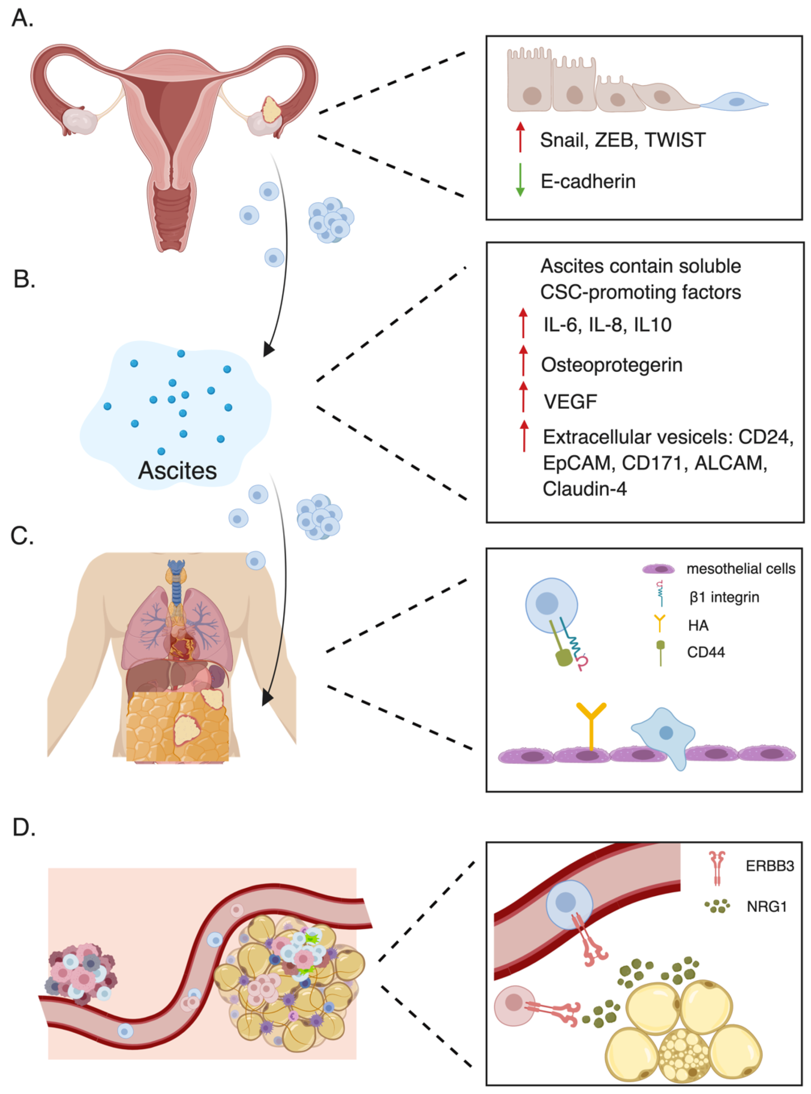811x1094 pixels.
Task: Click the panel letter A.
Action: (x=22, y=18)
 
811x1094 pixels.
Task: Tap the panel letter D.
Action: (x=24, y=827)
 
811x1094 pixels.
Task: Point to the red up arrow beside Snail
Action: (x=520, y=137)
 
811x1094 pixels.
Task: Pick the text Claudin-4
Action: (x=585, y=489)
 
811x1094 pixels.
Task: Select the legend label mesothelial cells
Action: (x=741, y=569)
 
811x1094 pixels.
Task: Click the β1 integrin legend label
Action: (x=724, y=597)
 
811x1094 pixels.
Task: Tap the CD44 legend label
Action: (x=706, y=652)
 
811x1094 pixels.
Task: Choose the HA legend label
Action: (x=698, y=625)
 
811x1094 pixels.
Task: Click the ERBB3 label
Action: (x=770, y=865)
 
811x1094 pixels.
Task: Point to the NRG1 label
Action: (x=767, y=907)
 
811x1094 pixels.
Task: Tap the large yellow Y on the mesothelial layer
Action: (x=591, y=726)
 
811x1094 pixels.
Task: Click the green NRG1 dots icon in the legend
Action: (x=717, y=906)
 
